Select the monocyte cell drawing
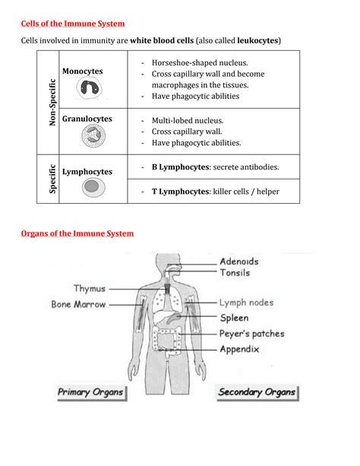(91, 90)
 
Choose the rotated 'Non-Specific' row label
(52, 103)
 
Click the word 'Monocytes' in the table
(83, 71)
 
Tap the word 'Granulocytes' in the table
(87, 119)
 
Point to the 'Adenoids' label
(238, 262)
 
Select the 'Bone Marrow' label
(79, 304)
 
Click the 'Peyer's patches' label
(252, 334)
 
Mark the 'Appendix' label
(239, 350)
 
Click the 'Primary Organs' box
(91, 392)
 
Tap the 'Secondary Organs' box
(256, 393)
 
